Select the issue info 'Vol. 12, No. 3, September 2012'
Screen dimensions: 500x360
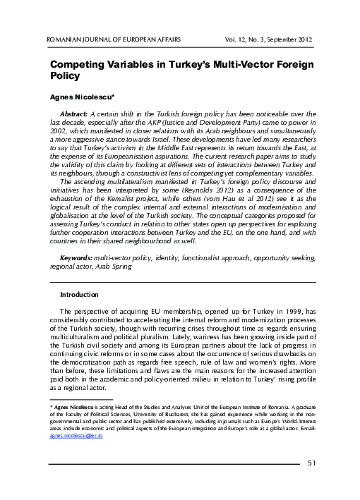[x=265, y=37]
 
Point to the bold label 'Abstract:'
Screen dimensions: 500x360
[x=73, y=113]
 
